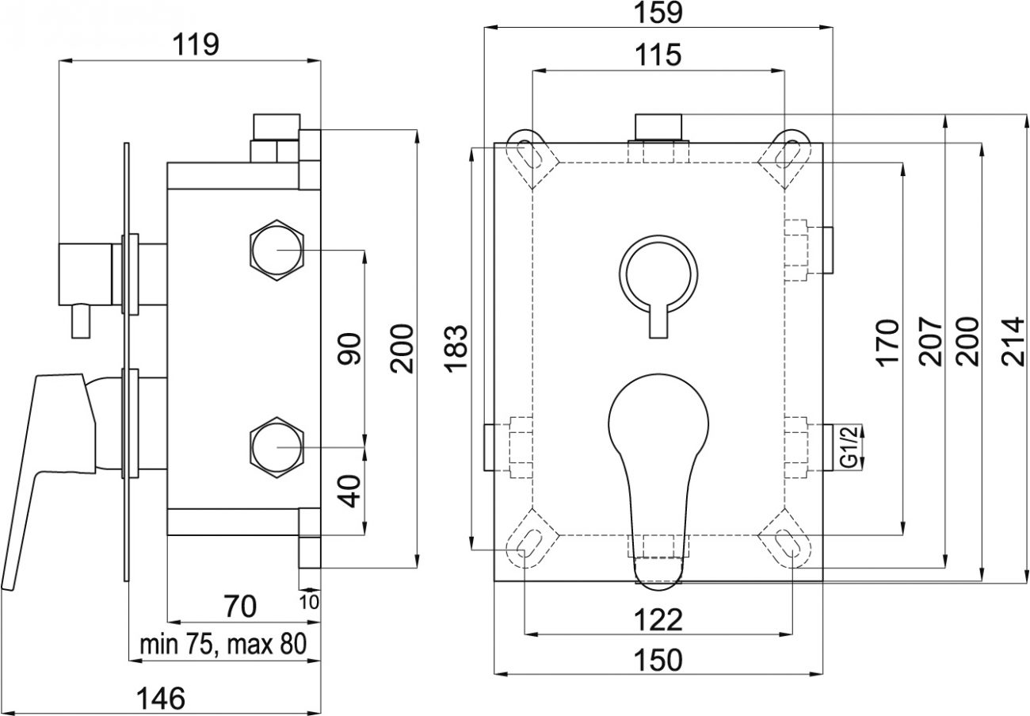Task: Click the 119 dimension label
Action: tap(196, 44)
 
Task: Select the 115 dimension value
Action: tap(658, 55)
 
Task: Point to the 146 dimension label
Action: tap(162, 699)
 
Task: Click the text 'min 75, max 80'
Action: tap(223, 645)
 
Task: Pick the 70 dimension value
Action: tap(241, 607)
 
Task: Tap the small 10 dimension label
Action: tap(309, 602)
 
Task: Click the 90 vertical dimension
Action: tap(349, 348)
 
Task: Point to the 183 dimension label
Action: tap(456, 347)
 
